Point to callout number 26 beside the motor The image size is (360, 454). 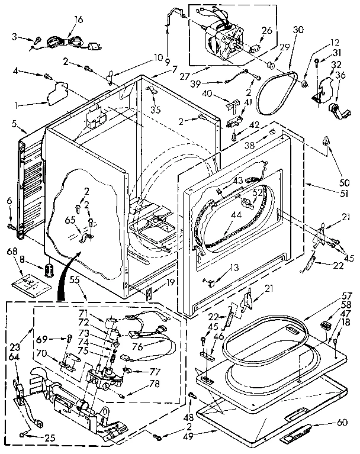click(266, 31)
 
